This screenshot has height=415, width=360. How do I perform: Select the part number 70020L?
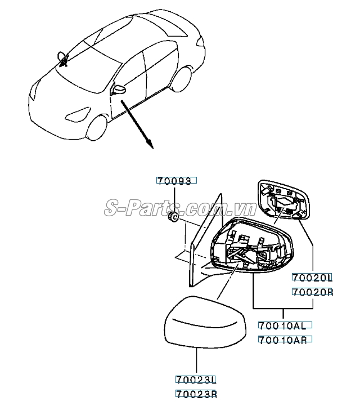(312, 278)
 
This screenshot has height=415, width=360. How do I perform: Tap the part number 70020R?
(312, 292)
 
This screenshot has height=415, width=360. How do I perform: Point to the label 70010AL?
(284, 325)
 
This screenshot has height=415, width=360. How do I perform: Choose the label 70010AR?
(284, 340)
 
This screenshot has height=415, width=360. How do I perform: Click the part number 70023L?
(196, 380)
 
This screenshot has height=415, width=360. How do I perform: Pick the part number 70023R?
(196, 394)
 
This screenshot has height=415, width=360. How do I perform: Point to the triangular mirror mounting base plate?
(205, 242)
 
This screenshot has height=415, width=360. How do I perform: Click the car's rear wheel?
(179, 80)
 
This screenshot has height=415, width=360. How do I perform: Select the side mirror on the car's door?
(120, 90)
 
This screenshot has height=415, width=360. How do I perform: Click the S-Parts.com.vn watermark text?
(180, 209)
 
